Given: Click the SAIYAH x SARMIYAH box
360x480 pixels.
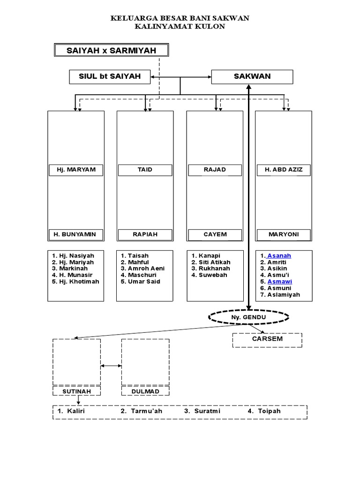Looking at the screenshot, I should tap(111, 50).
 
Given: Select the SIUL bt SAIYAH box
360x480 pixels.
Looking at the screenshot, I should tap(110, 76).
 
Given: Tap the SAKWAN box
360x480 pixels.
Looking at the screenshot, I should tap(252, 76).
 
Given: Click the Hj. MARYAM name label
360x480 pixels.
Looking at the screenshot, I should tap(76, 170).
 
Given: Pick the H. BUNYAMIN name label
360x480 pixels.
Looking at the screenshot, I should tap(76, 234).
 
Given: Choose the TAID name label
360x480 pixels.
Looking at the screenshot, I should tap(145, 170).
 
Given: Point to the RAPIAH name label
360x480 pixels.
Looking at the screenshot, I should tap(145, 234).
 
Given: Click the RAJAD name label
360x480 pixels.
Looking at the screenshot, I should tap(215, 170).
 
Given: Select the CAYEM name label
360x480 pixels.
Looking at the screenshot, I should tap(215, 234).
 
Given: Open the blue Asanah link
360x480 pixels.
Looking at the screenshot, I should tap(279, 255).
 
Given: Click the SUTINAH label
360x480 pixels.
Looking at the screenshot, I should tap(76, 391).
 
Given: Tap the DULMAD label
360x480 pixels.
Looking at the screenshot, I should tap(145, 391).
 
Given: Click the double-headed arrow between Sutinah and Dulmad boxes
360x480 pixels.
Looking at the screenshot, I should tap(111, 365).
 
